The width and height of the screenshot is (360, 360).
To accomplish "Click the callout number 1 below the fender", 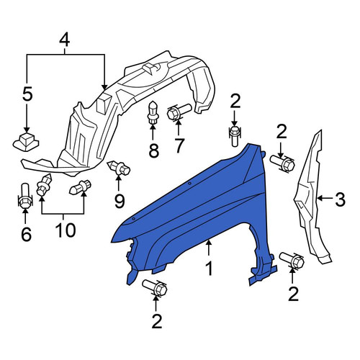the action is coord(210,269).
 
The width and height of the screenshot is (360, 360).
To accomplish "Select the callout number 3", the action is coord(340,199).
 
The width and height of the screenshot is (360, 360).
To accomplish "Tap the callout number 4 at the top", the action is coord(65,40).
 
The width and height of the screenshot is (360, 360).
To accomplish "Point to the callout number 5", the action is coord(27,94).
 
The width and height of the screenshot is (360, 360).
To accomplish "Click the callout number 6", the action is coord(26,234).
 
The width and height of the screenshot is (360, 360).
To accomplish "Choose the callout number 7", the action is coord(178,145).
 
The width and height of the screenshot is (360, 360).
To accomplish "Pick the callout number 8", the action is coord(153,150).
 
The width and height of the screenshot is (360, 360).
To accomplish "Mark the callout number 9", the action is coord(120,201).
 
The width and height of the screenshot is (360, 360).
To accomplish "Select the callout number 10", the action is coord(66,230).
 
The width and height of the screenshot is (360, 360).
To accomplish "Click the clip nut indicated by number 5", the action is coord(26,143).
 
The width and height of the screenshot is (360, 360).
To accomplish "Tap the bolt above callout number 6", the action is coord(25,197).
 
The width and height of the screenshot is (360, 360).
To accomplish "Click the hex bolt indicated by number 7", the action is coord(179,112).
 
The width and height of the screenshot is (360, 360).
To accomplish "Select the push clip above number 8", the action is coord(153,112).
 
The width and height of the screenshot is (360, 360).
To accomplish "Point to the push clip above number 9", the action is coord(119,168).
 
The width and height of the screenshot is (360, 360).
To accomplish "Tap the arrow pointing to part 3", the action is coord(325,198).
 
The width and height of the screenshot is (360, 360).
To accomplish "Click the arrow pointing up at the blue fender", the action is coord(209,248).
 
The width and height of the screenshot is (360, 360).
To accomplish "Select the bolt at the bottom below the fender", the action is coord(155,287).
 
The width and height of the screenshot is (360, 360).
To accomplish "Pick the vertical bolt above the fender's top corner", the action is coord(234,136).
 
